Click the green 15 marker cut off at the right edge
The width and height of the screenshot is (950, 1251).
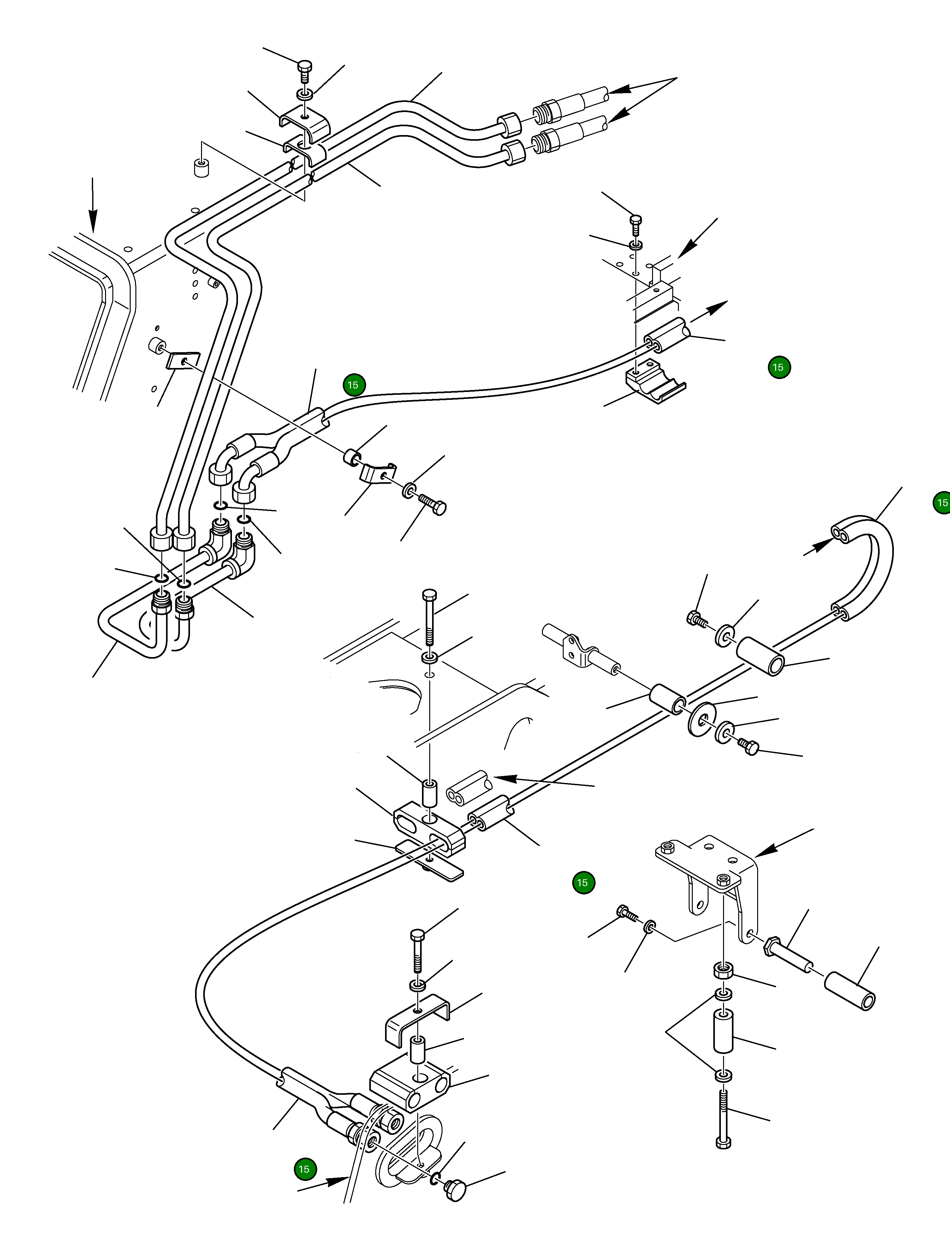tap(941, 503)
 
